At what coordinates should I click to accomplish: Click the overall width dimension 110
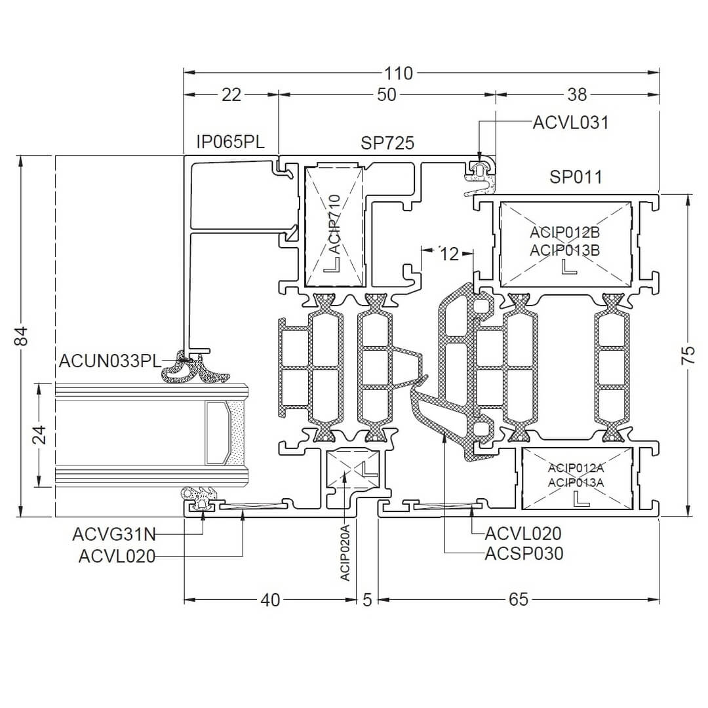click(x=399, y=73)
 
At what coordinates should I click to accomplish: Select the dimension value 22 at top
click(x=231, y=95)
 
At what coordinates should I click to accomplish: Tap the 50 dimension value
click(x=387, y=95)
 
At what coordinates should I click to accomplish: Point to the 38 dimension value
click(x=576, y=95)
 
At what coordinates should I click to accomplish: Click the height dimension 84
click(x=21, y=336)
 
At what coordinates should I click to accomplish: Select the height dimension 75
click(x=688, y=355)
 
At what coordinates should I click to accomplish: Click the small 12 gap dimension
click(x=449, y=254)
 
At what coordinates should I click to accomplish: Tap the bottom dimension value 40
click(x=270, y=600)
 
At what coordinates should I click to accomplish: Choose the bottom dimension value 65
click(x=518, y=600)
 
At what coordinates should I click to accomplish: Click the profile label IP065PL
click(x=230, y=142)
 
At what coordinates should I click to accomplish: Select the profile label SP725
click(x=387, y=143)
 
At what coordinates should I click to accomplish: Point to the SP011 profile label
click(x=576, y=177)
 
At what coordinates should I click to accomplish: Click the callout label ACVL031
click(x=570, y=123)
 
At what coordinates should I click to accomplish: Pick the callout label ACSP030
click(x=524, y=554)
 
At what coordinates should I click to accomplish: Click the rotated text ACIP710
click(x=334, y=224)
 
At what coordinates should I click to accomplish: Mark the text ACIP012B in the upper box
click(x=565, y=233)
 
